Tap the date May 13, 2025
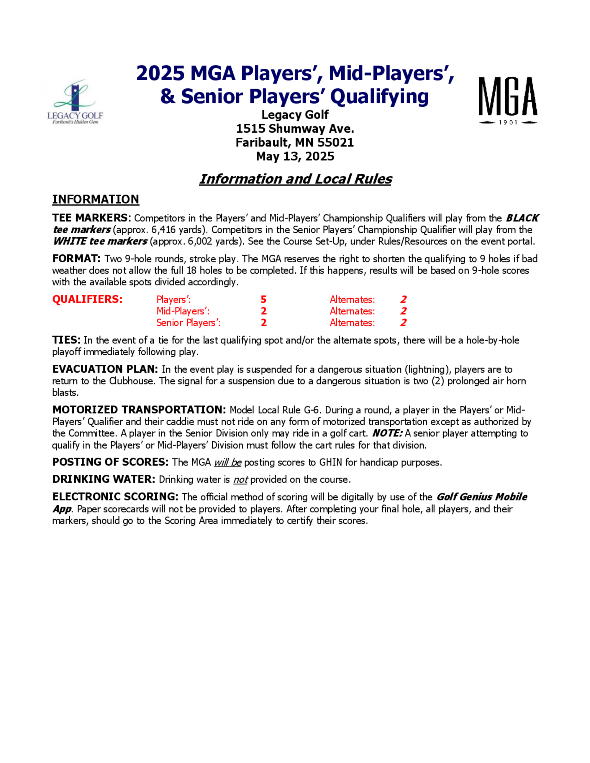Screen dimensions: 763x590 295,156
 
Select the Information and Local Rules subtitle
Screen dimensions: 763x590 295,179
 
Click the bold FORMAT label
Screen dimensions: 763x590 76,259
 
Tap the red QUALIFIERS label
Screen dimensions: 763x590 87,300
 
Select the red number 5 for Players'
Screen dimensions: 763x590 263,300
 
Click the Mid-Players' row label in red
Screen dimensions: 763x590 183,311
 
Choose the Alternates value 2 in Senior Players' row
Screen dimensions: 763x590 403,323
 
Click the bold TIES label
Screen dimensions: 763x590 66,340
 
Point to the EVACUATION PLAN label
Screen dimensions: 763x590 105,369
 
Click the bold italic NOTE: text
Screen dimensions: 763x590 387,433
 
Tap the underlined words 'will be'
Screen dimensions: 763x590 227,462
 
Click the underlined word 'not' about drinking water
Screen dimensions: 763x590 240,480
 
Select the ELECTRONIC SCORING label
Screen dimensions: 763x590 115,497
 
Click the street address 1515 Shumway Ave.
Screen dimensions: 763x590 295,129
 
